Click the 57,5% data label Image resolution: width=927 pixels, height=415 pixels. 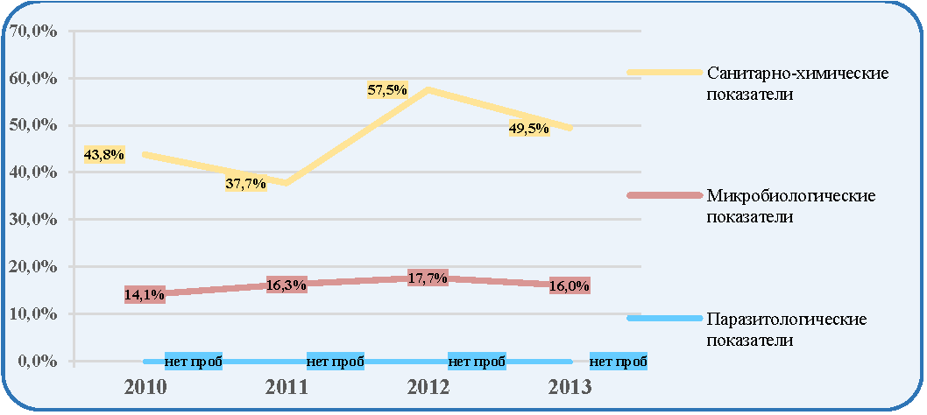pyautogui.click(x=387, y=90)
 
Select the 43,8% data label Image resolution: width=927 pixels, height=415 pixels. pyautogui.click(x=103, y=155)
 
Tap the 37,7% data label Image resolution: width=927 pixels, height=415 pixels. pyautogui.click(x=245, y=183)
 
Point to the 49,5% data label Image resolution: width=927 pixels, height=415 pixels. pyautogui.click(x=529, y=128)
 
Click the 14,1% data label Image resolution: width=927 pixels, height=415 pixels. pyautogui.click(x=145, y=294)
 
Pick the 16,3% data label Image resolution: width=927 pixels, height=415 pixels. pyautogui.click(x=287, y=285)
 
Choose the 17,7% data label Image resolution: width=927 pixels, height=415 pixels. pyautogui.click(x=428, y=278)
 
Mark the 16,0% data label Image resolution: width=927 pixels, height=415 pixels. pyautogui.click(x=570, y=285)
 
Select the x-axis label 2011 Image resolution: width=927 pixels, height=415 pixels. pyautogui.click(x=287, y=387)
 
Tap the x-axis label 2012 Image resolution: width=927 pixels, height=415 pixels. pyautogui.click(x=428, y=387)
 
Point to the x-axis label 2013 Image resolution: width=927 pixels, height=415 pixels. pyautogui.click(x=570, y=387)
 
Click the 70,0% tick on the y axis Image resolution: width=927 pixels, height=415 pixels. pyautogui.click(x=33, y=32)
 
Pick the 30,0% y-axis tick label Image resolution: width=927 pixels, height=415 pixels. pyautogui.click(x=33, y=220)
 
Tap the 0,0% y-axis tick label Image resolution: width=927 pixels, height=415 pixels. pyautogui.click(x=38, y=361)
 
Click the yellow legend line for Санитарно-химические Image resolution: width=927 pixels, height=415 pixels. pyautogui.click(x=663, y=72)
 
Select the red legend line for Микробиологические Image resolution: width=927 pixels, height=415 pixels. pyautogui.click(x=663, y=195)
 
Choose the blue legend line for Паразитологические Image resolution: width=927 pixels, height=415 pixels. pyautogui.click(x=663, y=318)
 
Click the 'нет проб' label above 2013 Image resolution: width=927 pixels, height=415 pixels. pyautogui.click(x=619, y=362)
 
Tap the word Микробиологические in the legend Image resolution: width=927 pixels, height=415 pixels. pyautogui.click(x=791, y=195)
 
